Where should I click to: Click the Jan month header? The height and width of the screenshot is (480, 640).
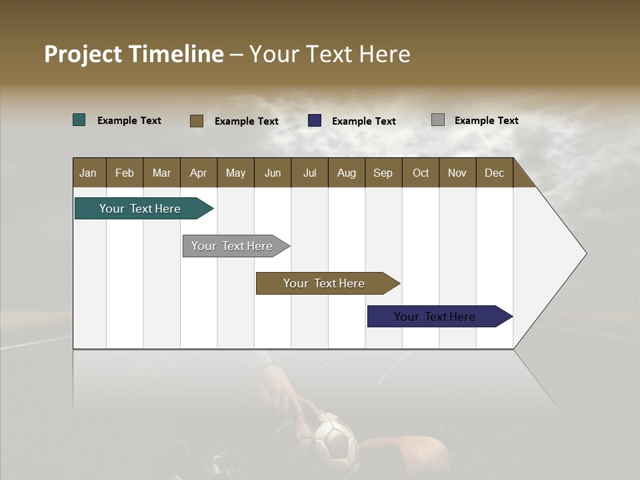pos(88,173)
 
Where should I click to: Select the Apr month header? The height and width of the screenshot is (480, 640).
pos(198,173)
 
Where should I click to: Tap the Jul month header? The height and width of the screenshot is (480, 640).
pos(309,173)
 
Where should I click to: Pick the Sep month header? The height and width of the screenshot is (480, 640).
pos(383,173)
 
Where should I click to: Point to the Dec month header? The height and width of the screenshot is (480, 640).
pos(494,173)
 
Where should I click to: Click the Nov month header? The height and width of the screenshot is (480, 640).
pos(457,173)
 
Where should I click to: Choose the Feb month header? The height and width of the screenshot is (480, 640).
pos(125,173)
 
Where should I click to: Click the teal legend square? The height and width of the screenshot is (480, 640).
pos(79,120)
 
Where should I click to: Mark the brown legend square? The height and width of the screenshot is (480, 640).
pos(197,121)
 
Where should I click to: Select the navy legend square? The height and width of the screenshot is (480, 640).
pos(315,121)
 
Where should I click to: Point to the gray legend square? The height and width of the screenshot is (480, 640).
pos(438,120)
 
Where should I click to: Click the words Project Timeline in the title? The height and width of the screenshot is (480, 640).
pos(133,54)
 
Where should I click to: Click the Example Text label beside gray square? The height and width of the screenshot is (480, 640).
pos(486,121)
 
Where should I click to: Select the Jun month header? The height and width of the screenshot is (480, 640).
pos(273,173)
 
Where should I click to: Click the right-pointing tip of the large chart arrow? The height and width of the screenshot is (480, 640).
pos(583,253)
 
